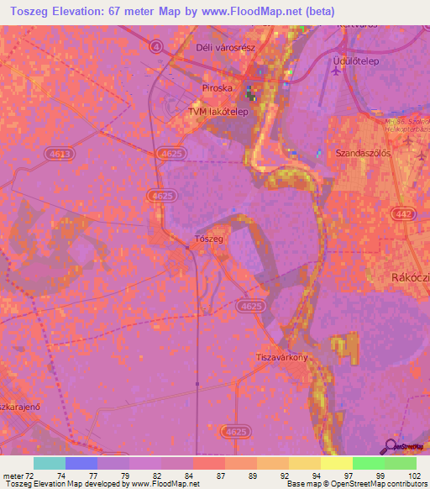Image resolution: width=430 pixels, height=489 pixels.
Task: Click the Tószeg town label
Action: click(208, 239)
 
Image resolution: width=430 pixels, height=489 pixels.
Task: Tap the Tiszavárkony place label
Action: click(282, 358)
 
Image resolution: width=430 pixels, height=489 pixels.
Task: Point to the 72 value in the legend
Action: click(31, 476)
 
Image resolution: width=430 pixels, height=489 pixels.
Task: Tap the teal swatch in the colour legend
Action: click(49, 463)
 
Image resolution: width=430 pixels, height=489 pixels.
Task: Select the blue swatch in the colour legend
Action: click(81, 463)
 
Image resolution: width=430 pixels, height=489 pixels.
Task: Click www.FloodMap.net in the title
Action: click(245, 12)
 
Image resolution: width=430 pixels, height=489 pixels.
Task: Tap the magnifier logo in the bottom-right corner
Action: click(391, 446)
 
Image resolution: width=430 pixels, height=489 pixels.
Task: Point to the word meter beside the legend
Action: click(13, 476)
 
